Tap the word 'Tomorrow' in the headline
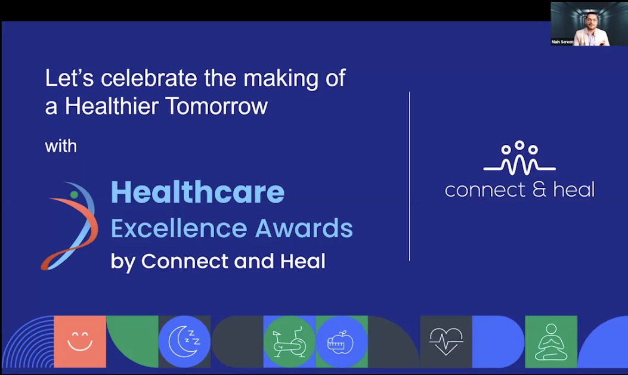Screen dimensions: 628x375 [216, 107]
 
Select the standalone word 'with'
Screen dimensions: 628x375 [61, 146]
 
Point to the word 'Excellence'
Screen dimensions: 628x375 [179, 228]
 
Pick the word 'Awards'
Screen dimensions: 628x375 [304, 228]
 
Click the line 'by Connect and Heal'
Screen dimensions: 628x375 [218, 262]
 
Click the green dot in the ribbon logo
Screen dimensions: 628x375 [74, 194]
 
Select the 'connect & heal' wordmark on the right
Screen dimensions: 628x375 [519, 190]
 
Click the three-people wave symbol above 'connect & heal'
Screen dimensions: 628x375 [519, 158]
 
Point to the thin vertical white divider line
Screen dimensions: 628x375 [410, 176]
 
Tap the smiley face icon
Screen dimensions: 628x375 [80, 341]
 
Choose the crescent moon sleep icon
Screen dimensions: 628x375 [184, 342]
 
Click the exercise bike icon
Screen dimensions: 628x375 [289, 342]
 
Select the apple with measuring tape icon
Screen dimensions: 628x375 [341, 342]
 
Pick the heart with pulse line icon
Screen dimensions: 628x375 [446, 341]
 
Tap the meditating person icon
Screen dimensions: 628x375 [551, 342]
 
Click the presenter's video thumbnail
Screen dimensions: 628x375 [580, 24]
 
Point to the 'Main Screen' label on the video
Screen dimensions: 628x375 [562, 42]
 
